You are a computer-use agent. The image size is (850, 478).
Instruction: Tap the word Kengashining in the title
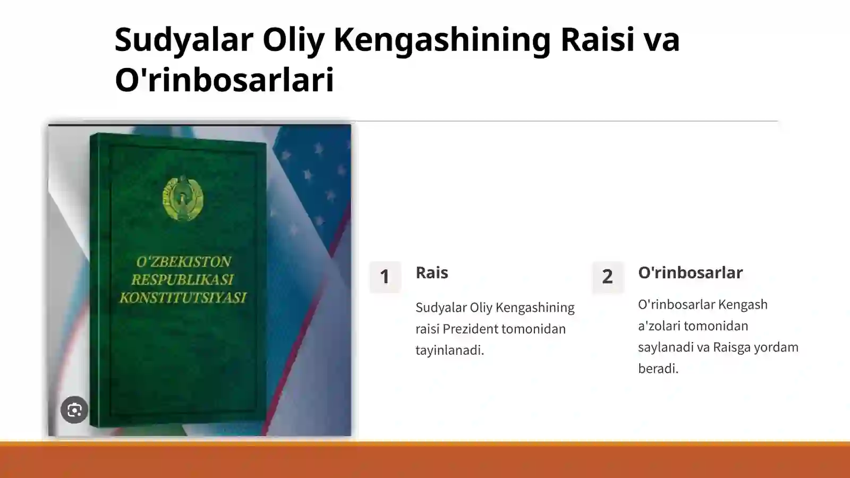click(x=442, y=40)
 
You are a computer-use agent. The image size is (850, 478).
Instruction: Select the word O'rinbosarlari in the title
click(x=224, y=80)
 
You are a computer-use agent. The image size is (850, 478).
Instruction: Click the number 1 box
click(x=385, y=277)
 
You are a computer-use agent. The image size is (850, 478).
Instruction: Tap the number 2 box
click(x=607, y=277)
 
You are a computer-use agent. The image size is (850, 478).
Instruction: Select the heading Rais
click(x=431, y=272)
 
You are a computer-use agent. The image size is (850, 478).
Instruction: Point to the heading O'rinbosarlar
click(x=690, y=272)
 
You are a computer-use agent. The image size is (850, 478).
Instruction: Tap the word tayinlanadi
click(x=449, y=350)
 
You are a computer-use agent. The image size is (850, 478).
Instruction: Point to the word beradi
click(x=658, y=368)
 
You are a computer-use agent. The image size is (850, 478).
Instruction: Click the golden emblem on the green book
click(x=183, y=198)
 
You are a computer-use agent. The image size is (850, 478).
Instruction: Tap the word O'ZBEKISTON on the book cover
click(x=183, y=261)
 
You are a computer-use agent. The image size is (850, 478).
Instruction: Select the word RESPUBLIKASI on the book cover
click(x=183, y=279)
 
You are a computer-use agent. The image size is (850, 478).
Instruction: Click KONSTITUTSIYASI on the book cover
click(x=183, y=297)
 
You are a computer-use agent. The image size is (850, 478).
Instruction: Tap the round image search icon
click(x=74, y=409)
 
